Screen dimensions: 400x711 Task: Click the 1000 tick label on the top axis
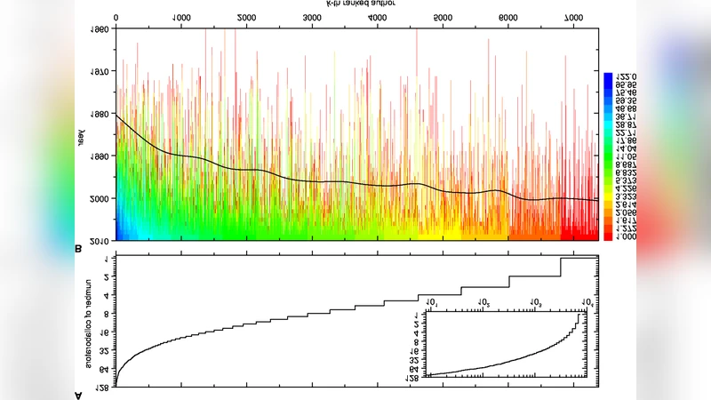(x=180, y=17)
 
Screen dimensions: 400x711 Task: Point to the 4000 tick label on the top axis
(x=377, y=17)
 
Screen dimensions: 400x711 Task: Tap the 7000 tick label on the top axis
(x=574, y=17)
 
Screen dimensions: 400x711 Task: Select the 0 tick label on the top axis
(x=116, y=17)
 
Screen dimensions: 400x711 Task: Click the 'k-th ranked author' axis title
(x=355, y=4)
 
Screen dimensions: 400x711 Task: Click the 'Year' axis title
(x=81, y=135)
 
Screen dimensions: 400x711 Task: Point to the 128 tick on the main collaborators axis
(x=104, y=387)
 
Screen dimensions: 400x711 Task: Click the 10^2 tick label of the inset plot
(x=485, y=304)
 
